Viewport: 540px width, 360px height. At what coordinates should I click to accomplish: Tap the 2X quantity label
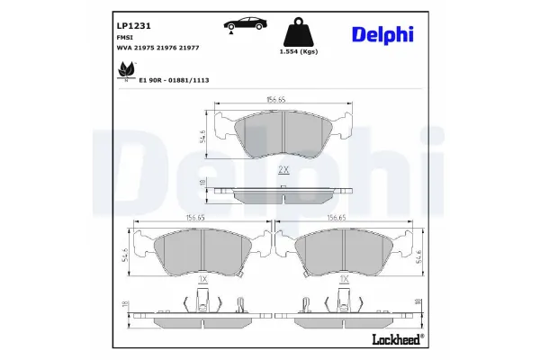point(283,170)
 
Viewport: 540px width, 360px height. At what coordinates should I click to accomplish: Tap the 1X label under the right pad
point(343,281)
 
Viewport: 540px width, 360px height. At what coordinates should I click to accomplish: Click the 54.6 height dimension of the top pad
point(203,135)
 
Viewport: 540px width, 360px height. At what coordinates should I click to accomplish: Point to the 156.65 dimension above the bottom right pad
point(337,217)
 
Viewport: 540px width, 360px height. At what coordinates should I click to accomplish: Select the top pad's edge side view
point(283,193)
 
